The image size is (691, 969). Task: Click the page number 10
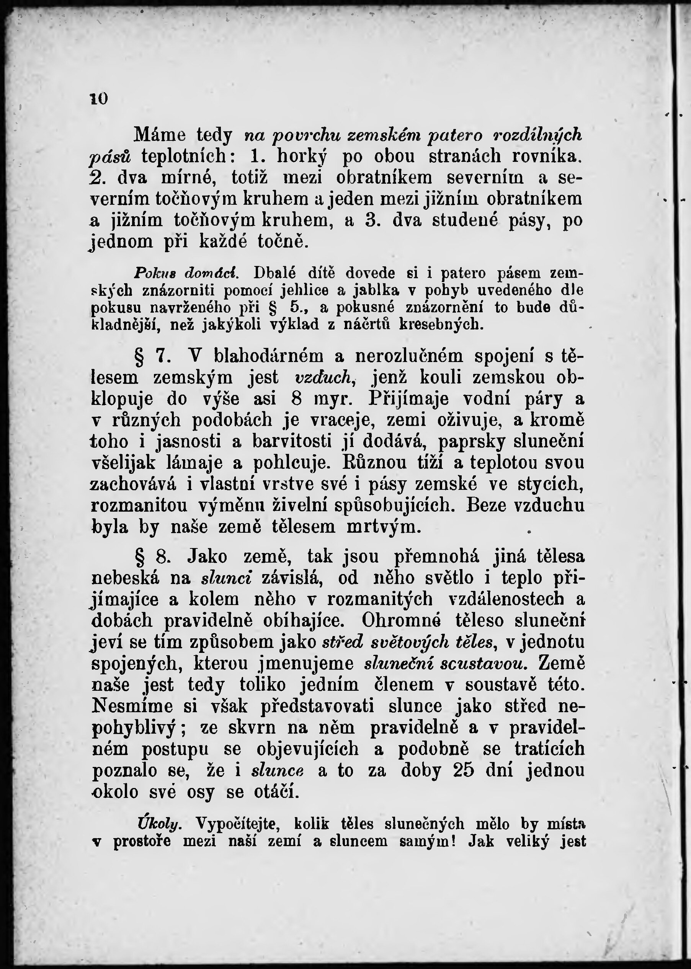pyautogui.click(x=99, y=99)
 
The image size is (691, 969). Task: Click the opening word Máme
pyautogui.click(x=160, y=135)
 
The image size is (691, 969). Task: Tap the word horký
pyautogui.click(x=302, y=157)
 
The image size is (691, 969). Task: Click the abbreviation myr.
pyautogui.click(x=332, y=399)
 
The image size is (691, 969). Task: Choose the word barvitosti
pyautogui.click(x=292, y=442)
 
